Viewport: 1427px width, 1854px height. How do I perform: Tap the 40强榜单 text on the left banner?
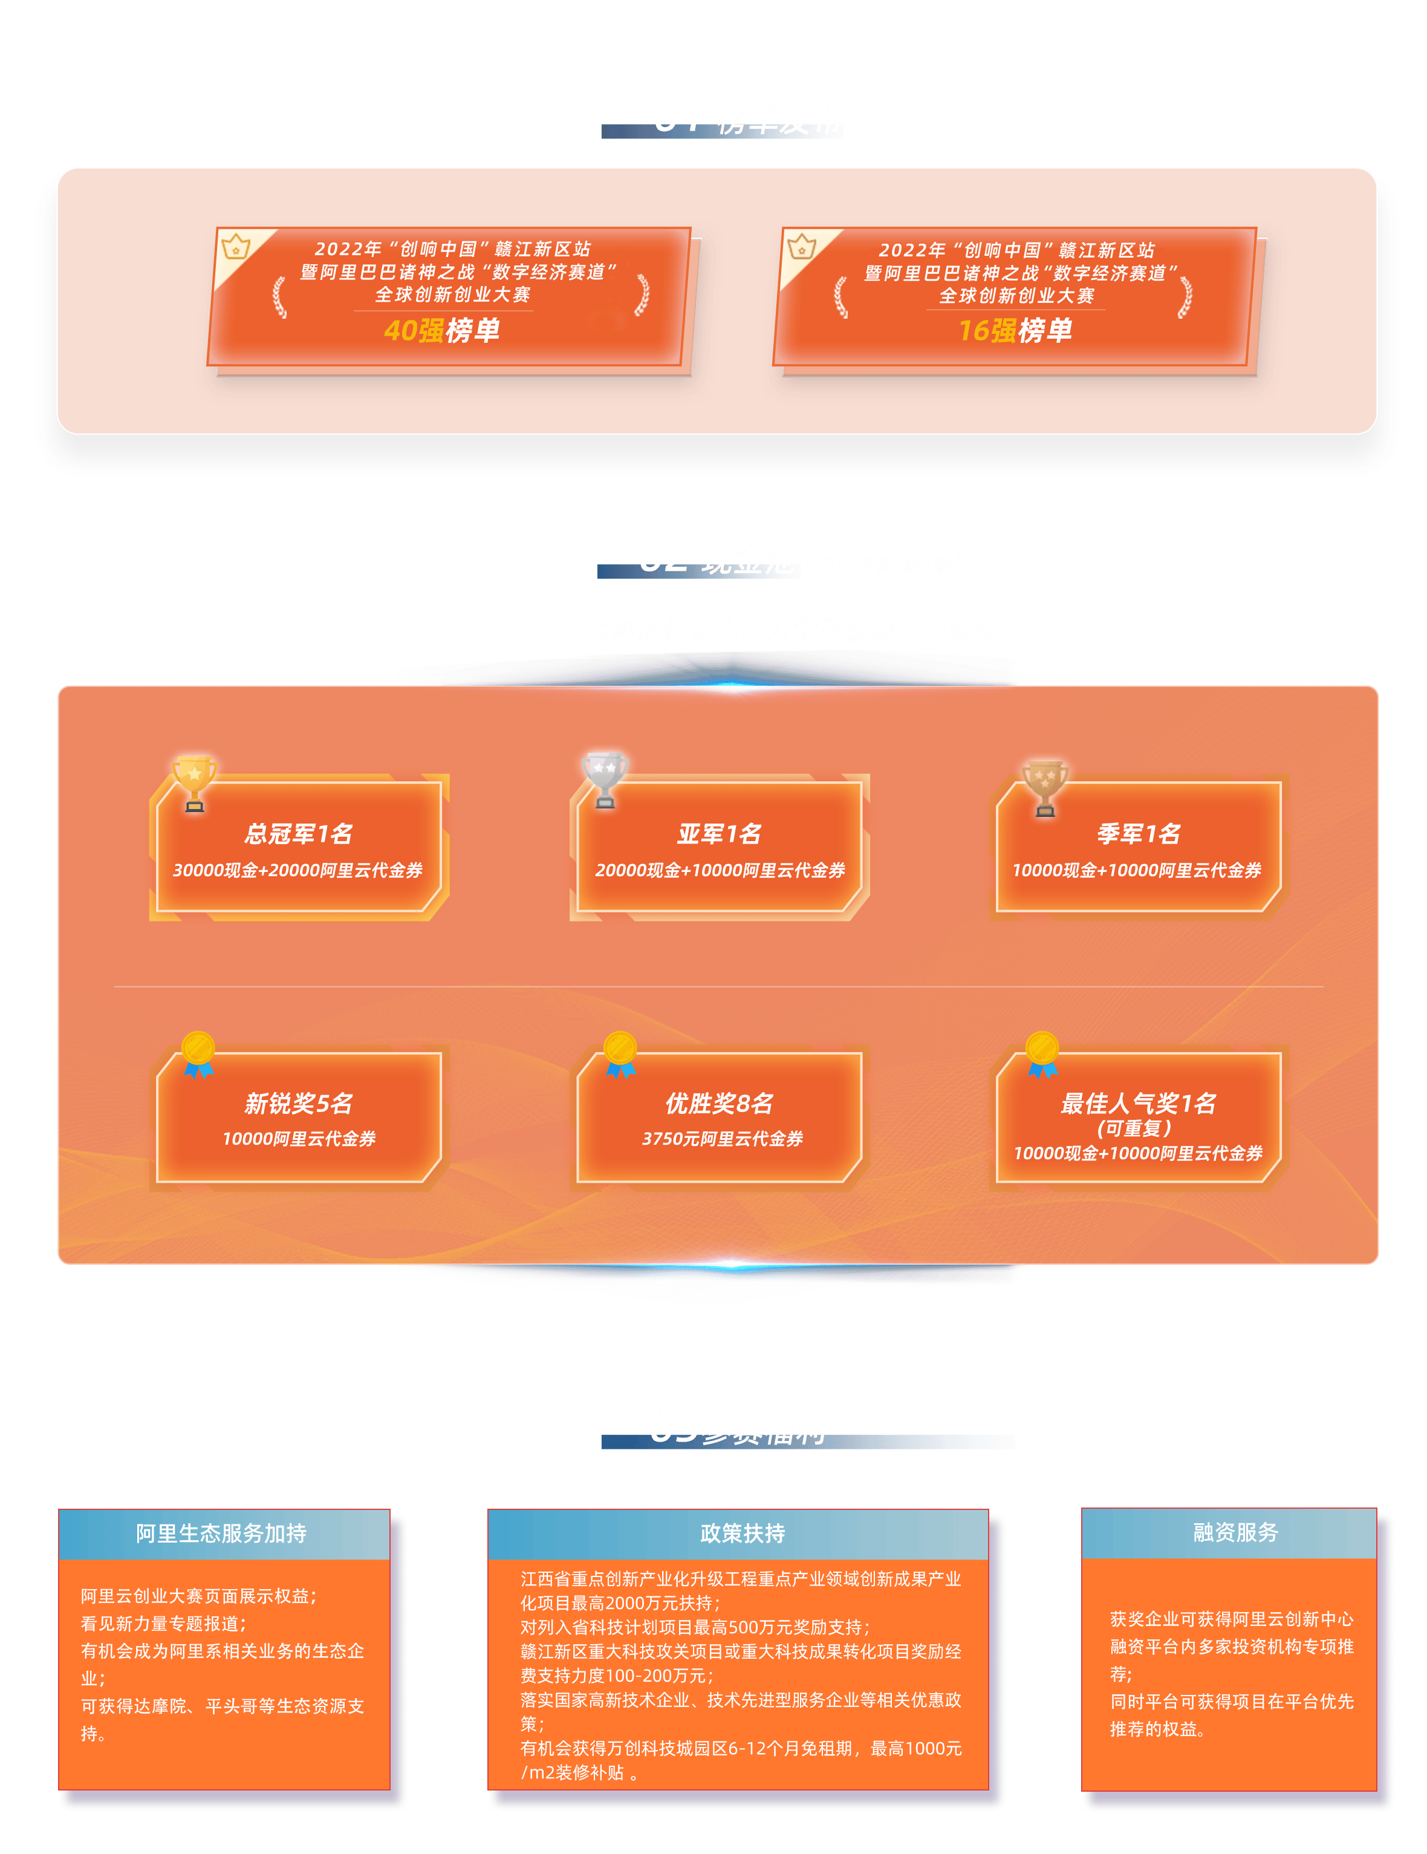click(x=441, y=330)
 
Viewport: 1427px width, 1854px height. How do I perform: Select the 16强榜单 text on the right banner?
click(x=1015, y=330)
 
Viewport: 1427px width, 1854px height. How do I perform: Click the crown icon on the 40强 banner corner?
click(x=235, y=247)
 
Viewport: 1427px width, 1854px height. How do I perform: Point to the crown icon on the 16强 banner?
click(x=801, y=247)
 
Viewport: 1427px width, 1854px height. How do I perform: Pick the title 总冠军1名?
click(x=298, y=834)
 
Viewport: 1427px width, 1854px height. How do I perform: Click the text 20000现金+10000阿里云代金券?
click(x=720, y=870)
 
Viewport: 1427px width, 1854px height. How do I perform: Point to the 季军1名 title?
click(x=1139, y=834)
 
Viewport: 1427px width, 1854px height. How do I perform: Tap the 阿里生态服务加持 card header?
click(x=221, y=1533)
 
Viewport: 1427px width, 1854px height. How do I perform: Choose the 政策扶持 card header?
click(x=742, y=1533)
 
